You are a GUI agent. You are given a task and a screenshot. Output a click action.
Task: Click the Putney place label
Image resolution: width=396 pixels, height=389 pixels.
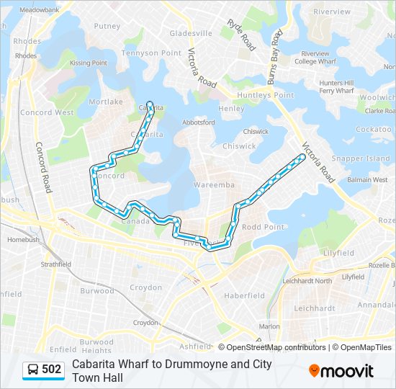tap(107, 26)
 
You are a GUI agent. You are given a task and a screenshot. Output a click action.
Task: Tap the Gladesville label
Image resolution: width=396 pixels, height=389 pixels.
tap(191, 33)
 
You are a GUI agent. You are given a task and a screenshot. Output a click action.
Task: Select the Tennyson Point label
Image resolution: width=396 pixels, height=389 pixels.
tap(157, 53)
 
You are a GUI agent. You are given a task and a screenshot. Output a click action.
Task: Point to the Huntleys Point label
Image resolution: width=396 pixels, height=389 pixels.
tap(266, 95)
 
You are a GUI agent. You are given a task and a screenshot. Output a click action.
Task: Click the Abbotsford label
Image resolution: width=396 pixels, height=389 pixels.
tap(199, 122)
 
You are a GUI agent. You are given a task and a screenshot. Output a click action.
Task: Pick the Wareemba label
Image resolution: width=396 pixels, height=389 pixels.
tap(214, 185)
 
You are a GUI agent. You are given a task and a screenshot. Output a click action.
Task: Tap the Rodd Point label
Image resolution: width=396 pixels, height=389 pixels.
tap(264, 227)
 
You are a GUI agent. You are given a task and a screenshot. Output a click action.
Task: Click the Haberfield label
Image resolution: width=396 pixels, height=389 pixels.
tap(244, 295)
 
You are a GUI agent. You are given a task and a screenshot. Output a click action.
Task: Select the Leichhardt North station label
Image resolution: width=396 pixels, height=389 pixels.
tap(307, 281)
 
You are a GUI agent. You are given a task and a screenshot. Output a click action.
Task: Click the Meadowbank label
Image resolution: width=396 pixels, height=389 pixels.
tap(39, 11)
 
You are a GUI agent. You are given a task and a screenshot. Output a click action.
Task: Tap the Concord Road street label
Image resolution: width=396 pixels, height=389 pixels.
tap(43, 166)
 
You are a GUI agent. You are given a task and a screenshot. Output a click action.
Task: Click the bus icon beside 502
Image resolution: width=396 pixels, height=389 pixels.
tap(32, 370)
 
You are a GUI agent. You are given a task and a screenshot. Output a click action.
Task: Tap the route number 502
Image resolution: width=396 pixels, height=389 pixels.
tap(52, 370)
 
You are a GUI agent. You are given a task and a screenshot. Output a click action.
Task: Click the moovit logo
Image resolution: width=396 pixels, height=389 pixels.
tap(341, 370)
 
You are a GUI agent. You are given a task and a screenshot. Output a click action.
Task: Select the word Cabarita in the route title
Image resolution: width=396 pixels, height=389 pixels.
tap(94, 364)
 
